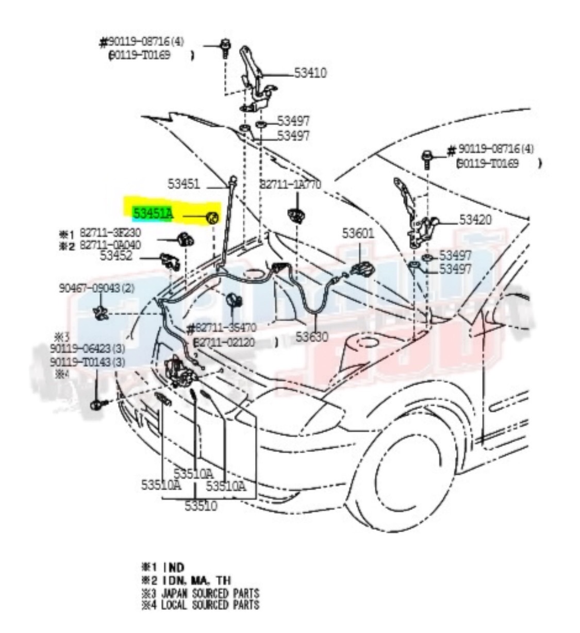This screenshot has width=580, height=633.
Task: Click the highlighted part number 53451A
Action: point(153,213)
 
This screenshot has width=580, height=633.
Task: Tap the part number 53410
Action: point(310,73)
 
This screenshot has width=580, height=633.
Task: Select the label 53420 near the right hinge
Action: point(475,220)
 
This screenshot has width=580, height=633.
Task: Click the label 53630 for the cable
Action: point(311,337)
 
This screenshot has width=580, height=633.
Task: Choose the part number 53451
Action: point(184,184)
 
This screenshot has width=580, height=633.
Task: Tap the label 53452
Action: point(116,256)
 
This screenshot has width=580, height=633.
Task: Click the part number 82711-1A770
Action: point(290,185)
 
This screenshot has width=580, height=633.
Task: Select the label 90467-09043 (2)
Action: point(96,288)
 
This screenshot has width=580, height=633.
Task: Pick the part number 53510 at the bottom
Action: point(201,506)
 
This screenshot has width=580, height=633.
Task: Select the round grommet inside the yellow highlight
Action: point(212,219)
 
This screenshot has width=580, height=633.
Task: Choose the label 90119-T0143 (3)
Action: point(88,362)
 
